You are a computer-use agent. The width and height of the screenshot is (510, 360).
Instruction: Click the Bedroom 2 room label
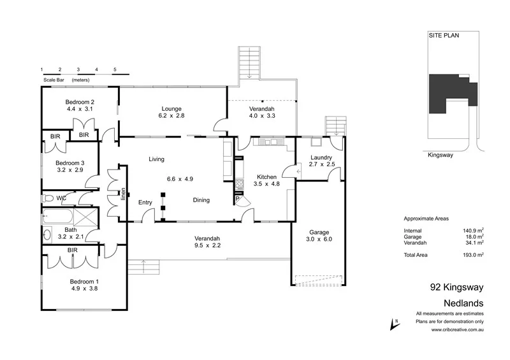tap(80, 102)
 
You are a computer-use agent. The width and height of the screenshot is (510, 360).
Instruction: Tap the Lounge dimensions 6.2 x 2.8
tap(172, 116)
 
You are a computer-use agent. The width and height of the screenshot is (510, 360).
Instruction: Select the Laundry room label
tap(321, 157)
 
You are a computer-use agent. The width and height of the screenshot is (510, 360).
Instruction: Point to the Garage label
tap(318, 232)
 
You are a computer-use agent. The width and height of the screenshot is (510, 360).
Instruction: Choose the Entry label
tap(145, 202)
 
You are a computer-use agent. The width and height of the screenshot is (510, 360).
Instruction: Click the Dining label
tap(201, 200)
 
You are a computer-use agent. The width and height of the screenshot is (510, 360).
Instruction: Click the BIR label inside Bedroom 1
tap(73, 251)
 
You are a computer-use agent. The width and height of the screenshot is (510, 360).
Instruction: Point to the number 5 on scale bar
tap(115, 69)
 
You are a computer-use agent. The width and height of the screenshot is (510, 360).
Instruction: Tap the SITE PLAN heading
tap(444, 37)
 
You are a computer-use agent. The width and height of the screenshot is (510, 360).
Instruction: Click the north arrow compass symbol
tap(393, 325)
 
